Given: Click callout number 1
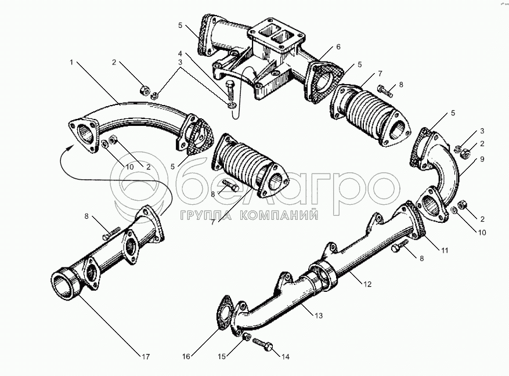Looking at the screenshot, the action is (x=72, y=61).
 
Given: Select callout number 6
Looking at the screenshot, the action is (x=338, y=47).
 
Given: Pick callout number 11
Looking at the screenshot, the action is (x=445, y=251).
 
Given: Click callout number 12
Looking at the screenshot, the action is (x=367, y=284).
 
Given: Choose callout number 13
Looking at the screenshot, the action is (x=319, y=316).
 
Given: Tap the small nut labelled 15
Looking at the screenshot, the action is (x=248, y=337).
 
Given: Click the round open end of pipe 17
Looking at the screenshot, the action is (x=63, y=285).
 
